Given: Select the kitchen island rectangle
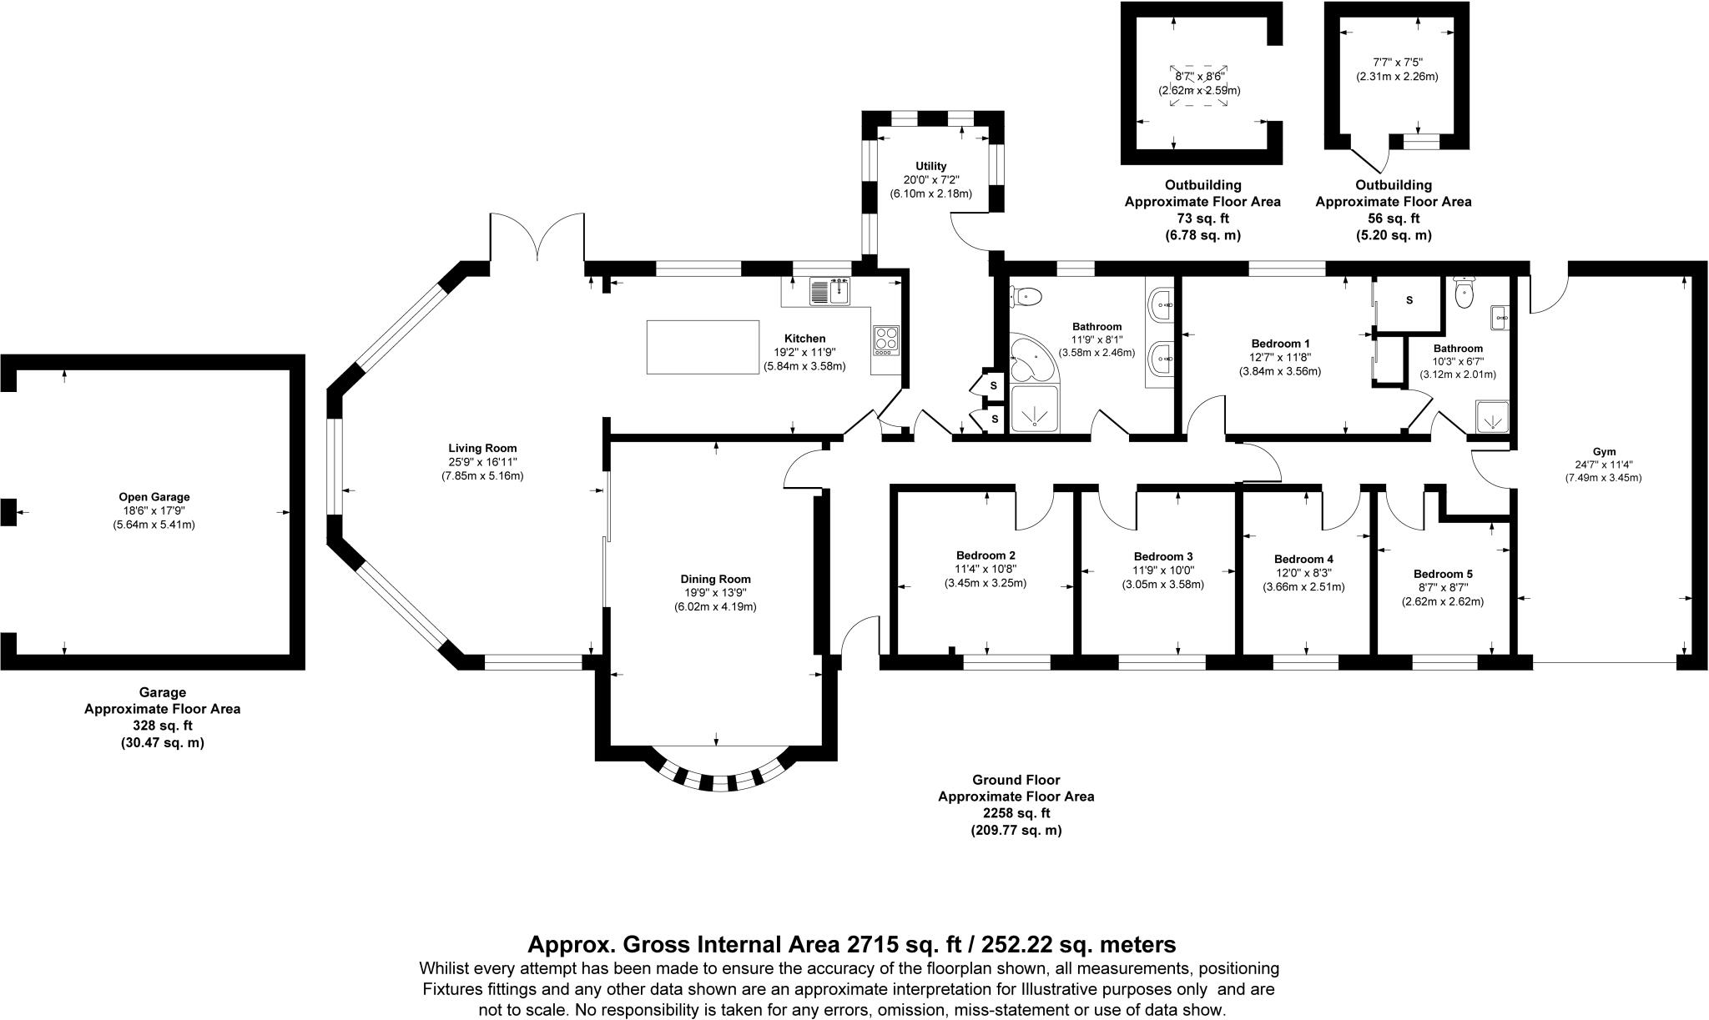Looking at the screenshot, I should [703, 347].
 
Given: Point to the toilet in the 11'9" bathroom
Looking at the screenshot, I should [1026, 295].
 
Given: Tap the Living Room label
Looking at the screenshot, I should [482, 448].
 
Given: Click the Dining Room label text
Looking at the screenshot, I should [715, 579].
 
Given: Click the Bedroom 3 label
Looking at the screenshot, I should [1163, 556].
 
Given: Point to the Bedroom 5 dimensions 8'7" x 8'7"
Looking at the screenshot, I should [1443, 587].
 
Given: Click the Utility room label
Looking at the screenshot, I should [930, 166].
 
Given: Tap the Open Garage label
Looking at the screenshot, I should [154, 497].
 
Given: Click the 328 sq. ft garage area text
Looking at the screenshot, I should [162, 726].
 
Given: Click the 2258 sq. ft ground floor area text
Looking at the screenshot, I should [1016, 813].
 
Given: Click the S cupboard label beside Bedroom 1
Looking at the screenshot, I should [1409, 300].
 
